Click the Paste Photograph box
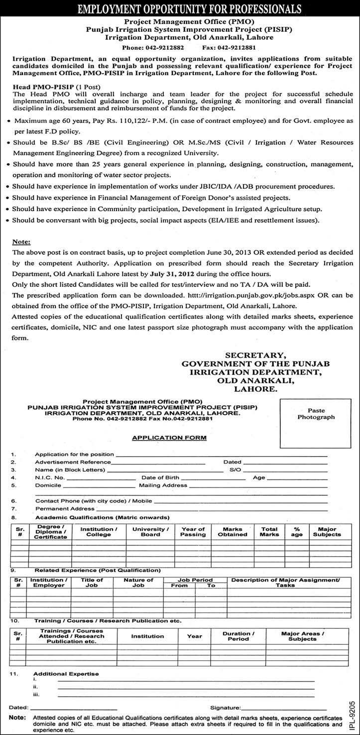[316, 414]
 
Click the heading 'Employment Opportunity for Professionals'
[180, 8]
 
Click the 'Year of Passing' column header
[193, 532]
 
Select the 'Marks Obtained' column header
[233, 532]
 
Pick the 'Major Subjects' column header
[327, 532]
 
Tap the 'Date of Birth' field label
[160, 477]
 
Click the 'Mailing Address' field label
[163, 485]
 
